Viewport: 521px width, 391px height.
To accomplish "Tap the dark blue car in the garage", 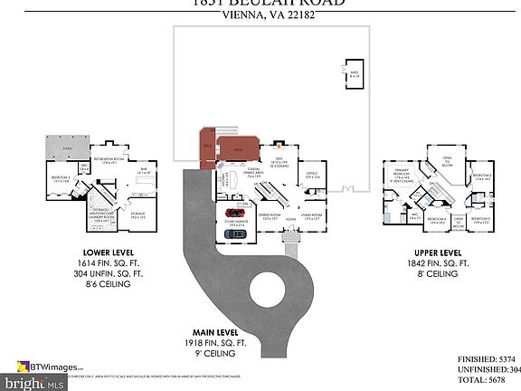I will click(x=233, y=234).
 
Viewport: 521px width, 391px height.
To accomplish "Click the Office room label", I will click(x=310, y=174).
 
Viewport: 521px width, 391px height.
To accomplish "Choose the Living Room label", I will click(x=311, y=217).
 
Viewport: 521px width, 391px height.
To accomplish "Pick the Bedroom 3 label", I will click(x=480, y=220).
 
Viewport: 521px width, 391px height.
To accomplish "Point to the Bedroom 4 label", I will click(x=437, y=220).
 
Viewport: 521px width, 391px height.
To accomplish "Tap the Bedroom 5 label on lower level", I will click(x=61, y=179).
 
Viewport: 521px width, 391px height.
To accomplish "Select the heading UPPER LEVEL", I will click(x=438, y=253).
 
